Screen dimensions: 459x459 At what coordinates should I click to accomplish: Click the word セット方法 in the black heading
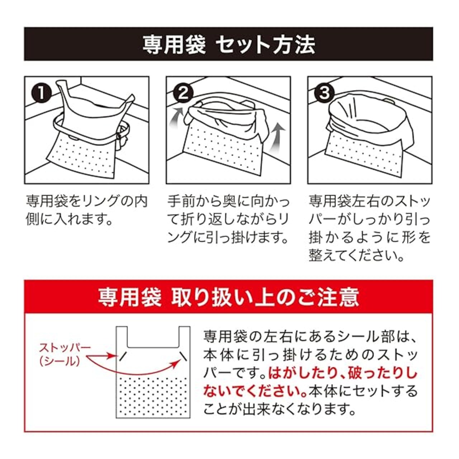pyautogui.click(x=267, y=45)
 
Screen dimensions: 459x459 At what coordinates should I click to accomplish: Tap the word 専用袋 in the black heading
pyautogui.click(x=175, y=45)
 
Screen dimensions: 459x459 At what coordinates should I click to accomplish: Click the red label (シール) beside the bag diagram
pyautogui.click(x=60, y=361)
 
